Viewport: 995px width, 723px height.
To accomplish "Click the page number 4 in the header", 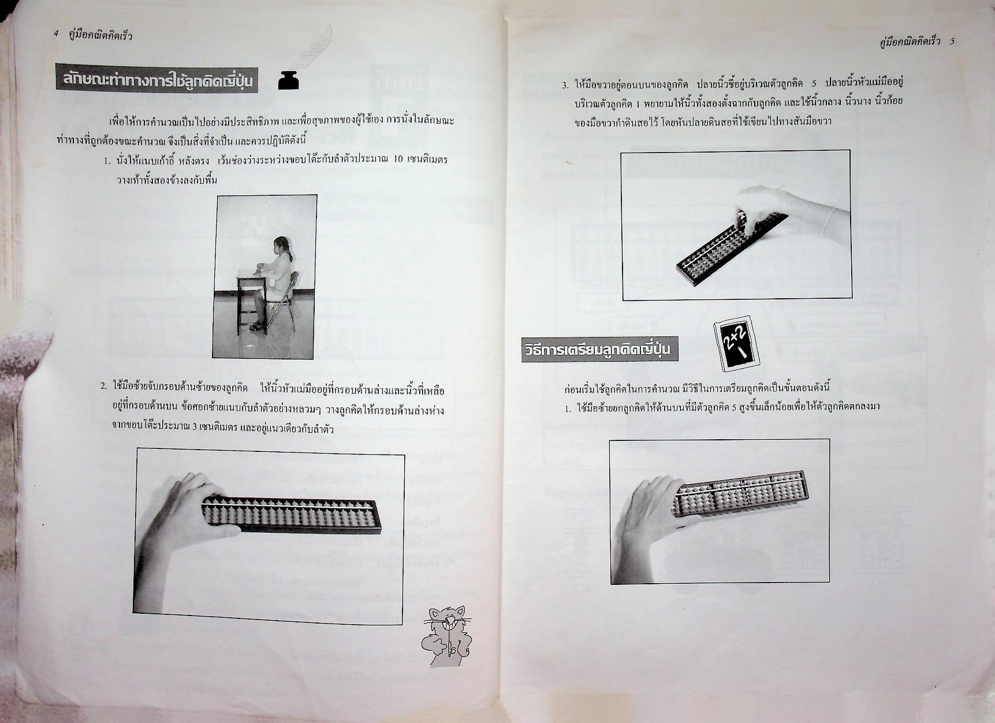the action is tap(56, 35).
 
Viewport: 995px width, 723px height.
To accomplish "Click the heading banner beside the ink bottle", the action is tap(156, 81).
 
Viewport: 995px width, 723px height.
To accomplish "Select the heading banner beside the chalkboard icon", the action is tap(600, 350).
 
